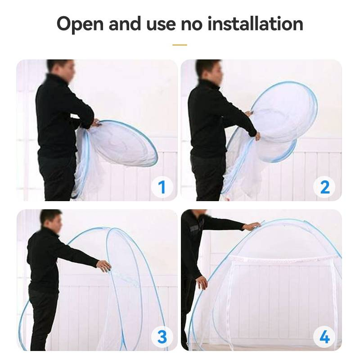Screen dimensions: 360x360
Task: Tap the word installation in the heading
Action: [255, 23]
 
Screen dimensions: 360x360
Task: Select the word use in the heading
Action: [161, 25]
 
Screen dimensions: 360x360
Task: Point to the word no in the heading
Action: [192, 25]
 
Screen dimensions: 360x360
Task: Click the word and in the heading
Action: [125, 23]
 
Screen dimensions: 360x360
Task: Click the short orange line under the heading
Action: [180, 45]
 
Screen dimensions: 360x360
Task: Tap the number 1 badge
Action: [162, 187]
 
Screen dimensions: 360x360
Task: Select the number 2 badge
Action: [324, 187]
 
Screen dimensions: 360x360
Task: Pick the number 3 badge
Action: [162, 337]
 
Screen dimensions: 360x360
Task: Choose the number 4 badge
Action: [324, 337]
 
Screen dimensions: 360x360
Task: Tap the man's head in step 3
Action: [51, 220]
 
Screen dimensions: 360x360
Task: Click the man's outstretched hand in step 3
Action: [104, 266]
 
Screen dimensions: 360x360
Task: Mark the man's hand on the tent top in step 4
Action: [252, 226]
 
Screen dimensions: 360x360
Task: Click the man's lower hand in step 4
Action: [202, 283]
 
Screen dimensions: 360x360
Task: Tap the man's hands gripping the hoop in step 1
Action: [95, 123]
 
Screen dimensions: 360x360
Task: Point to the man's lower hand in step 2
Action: [257, 136]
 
